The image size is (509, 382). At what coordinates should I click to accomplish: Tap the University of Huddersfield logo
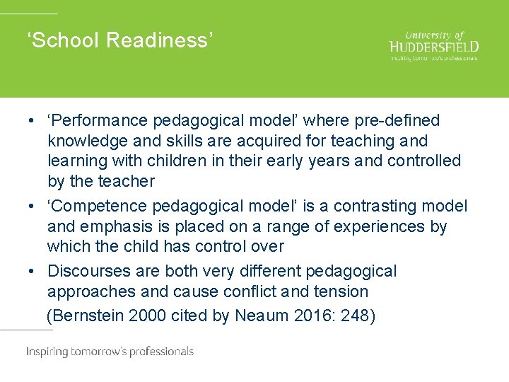[434, 46]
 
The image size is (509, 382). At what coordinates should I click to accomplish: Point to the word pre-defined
[398, 121]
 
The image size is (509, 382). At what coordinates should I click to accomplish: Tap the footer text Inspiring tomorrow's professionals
[110, 352]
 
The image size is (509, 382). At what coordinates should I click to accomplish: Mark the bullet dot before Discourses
[33, 272]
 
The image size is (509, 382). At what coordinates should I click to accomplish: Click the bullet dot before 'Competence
[33, 207]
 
